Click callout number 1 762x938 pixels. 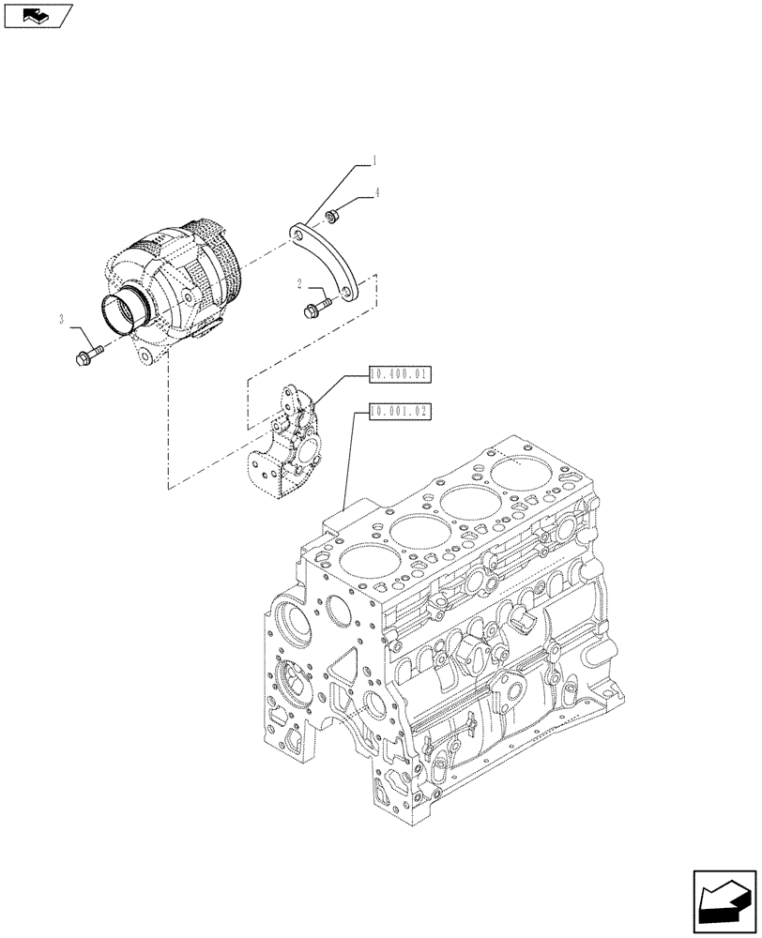click(373, 161)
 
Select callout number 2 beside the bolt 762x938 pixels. click(299, 284)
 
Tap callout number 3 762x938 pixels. click(62, 320)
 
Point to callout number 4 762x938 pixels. click(377, 193)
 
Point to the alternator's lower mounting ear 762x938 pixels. click(145, 357)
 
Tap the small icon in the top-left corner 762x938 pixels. click(37, 15)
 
